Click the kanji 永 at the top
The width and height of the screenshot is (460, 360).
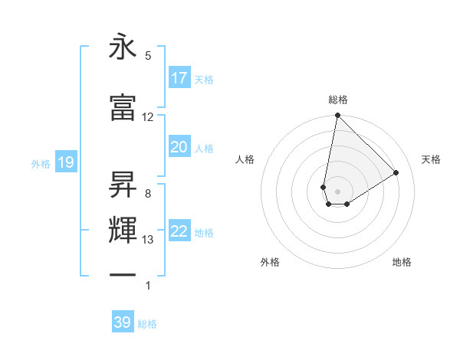123,47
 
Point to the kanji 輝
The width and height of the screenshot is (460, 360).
123,231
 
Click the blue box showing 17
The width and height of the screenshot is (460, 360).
179,78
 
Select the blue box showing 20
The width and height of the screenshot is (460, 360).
179,147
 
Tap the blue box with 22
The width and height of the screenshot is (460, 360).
179,231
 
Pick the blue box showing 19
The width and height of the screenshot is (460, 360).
65,162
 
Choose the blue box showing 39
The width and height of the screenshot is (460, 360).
123,322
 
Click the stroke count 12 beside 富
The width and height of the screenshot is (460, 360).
148,117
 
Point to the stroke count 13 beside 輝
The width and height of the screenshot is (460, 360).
148,240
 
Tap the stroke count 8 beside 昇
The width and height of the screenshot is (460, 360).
148,194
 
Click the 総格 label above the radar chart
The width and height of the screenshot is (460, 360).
338,100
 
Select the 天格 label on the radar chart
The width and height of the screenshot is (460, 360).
431,159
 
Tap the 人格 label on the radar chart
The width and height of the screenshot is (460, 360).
245,159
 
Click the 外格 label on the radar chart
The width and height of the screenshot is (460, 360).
270,262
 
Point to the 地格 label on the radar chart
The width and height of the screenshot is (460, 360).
402,262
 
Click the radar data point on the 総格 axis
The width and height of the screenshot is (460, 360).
337,116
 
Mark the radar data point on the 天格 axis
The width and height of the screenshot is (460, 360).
396,173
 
